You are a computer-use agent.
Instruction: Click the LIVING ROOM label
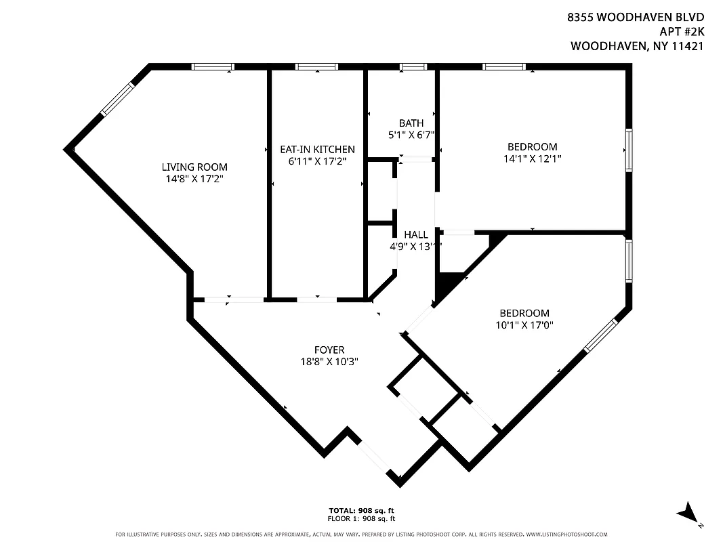(194, 167)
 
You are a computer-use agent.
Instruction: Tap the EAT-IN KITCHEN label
(317, 149)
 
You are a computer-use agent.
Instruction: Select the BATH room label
(411, 123)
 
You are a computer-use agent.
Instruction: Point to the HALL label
(415, 234)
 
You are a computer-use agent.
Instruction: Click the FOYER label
(329, 350)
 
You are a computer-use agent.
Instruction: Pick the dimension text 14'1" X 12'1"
(532, 159)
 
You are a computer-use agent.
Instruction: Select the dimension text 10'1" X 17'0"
(524, 325)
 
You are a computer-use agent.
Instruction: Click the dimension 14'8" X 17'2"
(194, 179)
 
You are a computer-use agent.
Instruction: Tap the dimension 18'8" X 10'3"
(329, 362)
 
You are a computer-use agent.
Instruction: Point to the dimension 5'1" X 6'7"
(411, 135)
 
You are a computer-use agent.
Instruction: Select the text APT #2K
(682, 32)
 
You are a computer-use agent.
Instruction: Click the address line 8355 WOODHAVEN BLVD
(636, 17)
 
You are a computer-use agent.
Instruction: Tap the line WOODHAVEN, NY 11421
(638, 47)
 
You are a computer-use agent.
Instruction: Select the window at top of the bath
(412, 66)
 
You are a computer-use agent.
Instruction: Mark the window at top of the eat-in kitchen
(316, 66)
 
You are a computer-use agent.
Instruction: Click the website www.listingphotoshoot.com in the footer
(566, 534)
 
